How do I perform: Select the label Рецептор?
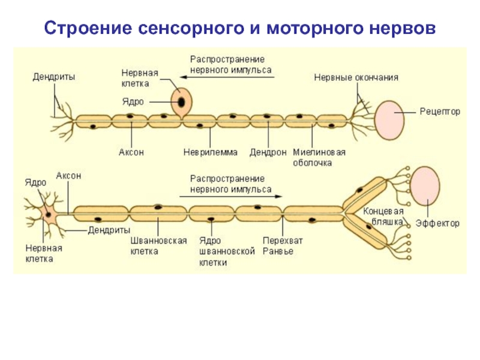pyautogui.click(x=440, y=112)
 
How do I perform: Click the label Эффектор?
pyautogui.click(x=437, y=223)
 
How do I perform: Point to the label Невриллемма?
pyautogui.click(x=210, y=152)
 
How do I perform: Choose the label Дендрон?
pyautogui.click(x=268, y=152)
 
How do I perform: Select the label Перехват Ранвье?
pyautogui.click(x=282, y=246)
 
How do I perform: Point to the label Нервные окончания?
pyautogui.click(x=356, y=77)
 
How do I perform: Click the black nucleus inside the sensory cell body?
pyautogui.click(x=180, y=103)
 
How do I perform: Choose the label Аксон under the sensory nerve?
pyautogui.click(x=131, y=152)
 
